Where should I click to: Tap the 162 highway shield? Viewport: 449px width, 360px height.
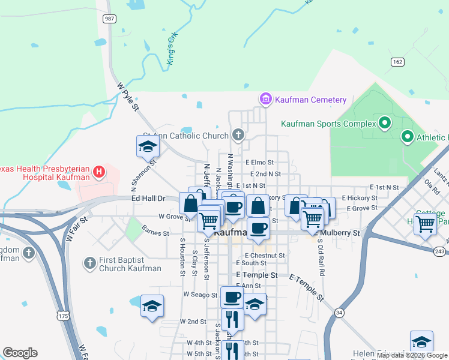pyautogui.click(x=397, y=62)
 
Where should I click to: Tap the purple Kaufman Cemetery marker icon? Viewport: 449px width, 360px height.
pyautogui.click(x=265, y=98)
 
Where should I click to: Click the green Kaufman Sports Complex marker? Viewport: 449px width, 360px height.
pyautogui.click(x=385, y=124)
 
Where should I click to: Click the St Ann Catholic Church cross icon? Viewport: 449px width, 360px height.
pyautogui.click(x=239, y=134)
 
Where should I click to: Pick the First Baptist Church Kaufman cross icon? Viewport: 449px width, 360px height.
pyautogui.click(x=89, y=262)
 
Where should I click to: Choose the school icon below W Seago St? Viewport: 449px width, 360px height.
pyautogui.click(x=152, y=305)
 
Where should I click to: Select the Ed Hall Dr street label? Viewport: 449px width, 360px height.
pyautogui.click(x=149, y=198)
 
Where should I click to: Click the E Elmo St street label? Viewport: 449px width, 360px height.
pyautogui.click(x=259, y=162)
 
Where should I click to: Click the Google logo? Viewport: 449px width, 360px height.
pyautogui.click(x=20, y=353)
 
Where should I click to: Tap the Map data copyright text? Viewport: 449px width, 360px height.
pyautogui.click(x=411, y=355)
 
